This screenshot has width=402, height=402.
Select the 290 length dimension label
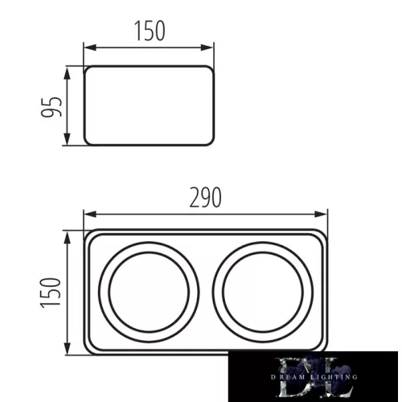[x=205, y=197]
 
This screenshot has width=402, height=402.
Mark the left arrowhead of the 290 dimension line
[x=89, y=215]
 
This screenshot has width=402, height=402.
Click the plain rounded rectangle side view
[x=150, y=106]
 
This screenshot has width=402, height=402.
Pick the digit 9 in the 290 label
[x=205, y=197]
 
